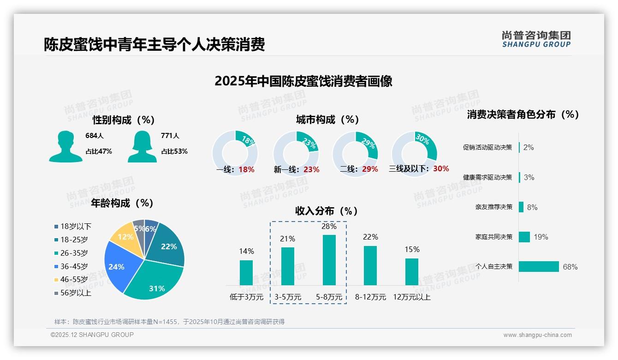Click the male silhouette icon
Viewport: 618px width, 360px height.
click(x=65, y=146)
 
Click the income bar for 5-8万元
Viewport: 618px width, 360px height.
click(x=329, y=260)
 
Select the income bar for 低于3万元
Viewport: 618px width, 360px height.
click(x=246, y=272)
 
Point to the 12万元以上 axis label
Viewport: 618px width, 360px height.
click(x=411, y=297)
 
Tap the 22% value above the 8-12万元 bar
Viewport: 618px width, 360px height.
click(x=370, y=237)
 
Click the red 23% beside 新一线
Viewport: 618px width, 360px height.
click(x=311, y=169)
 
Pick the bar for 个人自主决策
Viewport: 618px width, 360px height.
click(x=539, y=266)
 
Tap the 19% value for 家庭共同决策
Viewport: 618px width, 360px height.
click(x=541, y=237)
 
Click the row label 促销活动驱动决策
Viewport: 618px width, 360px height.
click(x=487, y=148)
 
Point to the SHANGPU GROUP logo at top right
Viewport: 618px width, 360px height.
click(x=536, y=39)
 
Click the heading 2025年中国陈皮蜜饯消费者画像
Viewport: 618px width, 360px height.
click(x=303, y=81)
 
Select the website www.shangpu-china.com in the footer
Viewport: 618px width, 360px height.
click(x=537, y=335)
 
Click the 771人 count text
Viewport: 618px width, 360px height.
click(x=170, y=136)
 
